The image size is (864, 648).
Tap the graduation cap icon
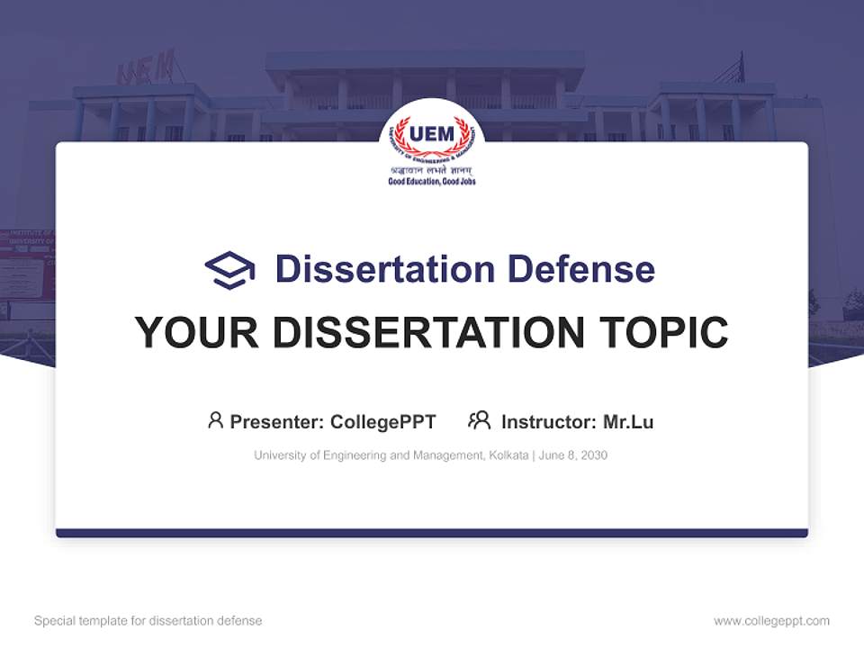pyautogui.click(x=229, y=270)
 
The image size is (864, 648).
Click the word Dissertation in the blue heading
pyautogui.click(x=384, y=269)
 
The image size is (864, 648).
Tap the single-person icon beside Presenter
pyautogui.click(x=215, y=420)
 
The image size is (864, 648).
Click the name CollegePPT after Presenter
pyautogui.click(x=383, y=421)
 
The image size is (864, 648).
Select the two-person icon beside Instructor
pyautogui.click(x=479, y=420)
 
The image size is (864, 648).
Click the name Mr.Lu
pyautogui.click(x=628, y=421)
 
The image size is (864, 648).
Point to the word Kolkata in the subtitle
pyautogui.click(x=508, y=455)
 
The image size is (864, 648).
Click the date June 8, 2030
pyautogui.click(x=573, y=455)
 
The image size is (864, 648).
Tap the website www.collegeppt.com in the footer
pyautogui.click(x=771, y=621)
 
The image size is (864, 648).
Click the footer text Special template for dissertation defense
pyautogui.click(x=148, y=621)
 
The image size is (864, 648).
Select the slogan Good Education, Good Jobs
pyautogui.click(x=432, y=182)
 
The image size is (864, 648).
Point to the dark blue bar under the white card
pyautogui.click(x=432, y=533)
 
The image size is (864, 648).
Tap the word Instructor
pyautogui.click(x=547, y=421)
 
